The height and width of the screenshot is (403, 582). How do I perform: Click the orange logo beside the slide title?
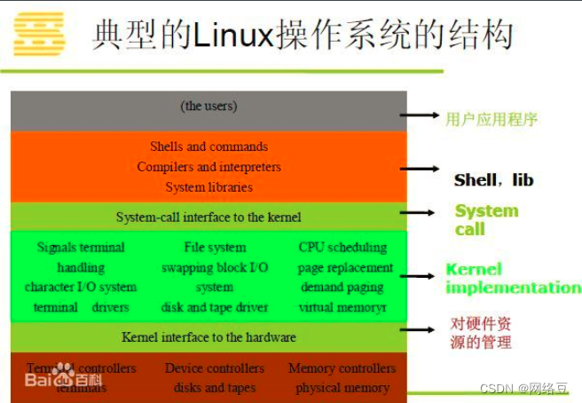pyautogui.click(x=39, y=34)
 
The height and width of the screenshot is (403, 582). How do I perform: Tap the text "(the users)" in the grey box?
pyautogui.click(x=208, y=106)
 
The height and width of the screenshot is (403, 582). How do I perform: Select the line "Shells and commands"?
pyautogui.click(x=208, y=146)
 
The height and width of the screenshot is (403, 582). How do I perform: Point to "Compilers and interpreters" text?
pyautogui.click(x=208, y=167)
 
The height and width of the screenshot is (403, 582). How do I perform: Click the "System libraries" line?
pyautogui.click(x=208, y=187)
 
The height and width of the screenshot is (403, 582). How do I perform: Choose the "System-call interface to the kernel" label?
pyautogui.click(x=208, y=217)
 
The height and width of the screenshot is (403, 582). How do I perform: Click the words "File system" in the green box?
pyautogui.click(x=215, y=247)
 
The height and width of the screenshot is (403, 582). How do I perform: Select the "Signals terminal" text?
pyautogui.click(x=81, y=247)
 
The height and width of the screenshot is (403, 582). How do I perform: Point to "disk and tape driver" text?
pyautogui.click(x=215, y=307)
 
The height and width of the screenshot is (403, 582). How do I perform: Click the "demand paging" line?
pyautogui.click(x=342, y=287)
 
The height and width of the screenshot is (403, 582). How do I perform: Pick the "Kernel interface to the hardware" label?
pyautogui.click(x=208, y=337)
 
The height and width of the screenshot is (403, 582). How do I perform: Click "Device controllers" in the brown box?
pyautogui.click(x=215, y=367)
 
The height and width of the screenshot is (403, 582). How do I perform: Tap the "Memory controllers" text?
pyautogui.click(x=342, y=367)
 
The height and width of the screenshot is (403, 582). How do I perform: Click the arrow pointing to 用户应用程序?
pyautogui.click(x=420, y=115)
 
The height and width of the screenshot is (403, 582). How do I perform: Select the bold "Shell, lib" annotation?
pyautogui.click(x=494, y=180)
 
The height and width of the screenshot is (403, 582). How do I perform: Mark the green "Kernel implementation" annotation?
pyautogui.click(x=512, y=278)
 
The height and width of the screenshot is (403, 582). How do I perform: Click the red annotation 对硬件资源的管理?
pyautogui.click(x=481, y=333)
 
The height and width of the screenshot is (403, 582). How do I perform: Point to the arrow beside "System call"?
pyautogui.click(x=420, y=213)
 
